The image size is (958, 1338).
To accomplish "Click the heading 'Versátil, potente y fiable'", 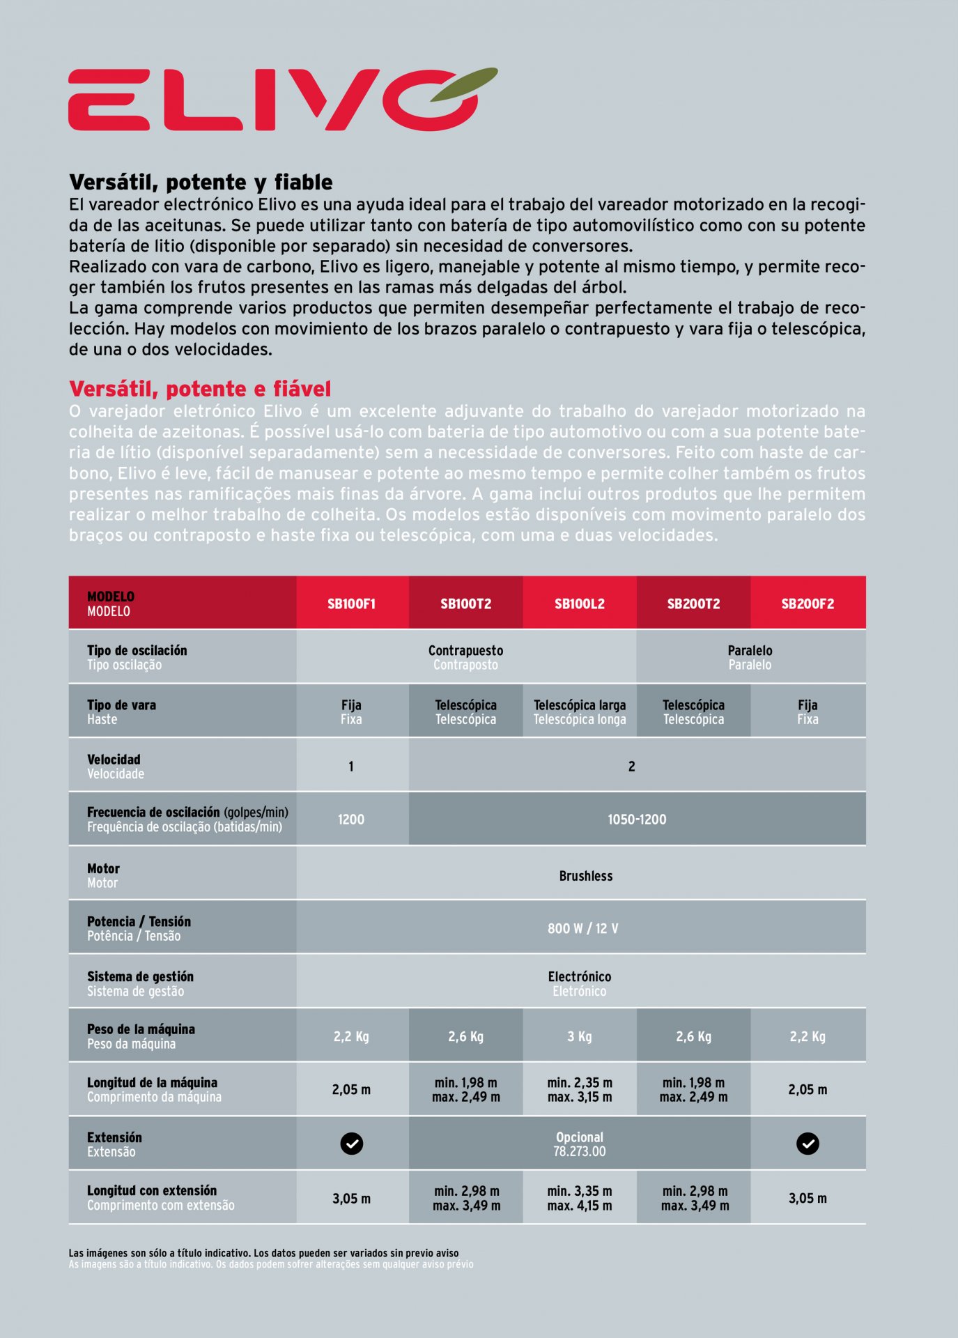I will pyautogui.click(x=201, y=183).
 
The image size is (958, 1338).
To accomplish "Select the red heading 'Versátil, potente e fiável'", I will pyautogui.click(x=200, y=389).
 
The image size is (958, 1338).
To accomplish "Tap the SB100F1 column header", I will pyautogui.click(x=351, y=603).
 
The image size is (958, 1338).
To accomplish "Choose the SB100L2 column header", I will pyautogui.click(x=579, y=603).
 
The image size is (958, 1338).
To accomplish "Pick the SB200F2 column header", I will pyautogui.click(x=808, y=603).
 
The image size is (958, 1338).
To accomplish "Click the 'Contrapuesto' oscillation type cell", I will pyautogui.click(x=465, y=656).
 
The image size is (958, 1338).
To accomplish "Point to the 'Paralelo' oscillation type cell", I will pyautogui.click(x=750, y=656).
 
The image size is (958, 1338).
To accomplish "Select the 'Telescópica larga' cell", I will pyautogui.click(x=580, y=712).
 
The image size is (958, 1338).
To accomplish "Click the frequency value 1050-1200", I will pyautogui.click(x=637, y=820).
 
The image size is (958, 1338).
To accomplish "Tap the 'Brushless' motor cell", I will pyautogui.click(x=585, y=876).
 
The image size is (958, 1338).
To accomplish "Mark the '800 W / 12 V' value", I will pyautogui.click(x=582, y=928).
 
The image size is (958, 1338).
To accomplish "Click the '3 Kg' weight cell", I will pyautogui.click(x=580, y=1036).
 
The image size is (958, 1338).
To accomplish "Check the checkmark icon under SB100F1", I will pyautogui.click(x=351, y=1144).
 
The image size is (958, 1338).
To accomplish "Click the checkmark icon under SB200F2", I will pyautogui.click(x=808, y=1144).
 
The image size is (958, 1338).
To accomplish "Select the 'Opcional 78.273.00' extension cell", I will pyautogui.click(x=580, y=1144).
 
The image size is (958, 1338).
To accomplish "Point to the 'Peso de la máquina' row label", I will pyautogui.click(x=141, y=1036).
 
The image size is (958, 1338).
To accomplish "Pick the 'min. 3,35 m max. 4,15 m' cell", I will pyautogui.click(x=580, y=1198).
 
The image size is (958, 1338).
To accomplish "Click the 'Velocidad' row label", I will pyautogui.click(x=115, y=766).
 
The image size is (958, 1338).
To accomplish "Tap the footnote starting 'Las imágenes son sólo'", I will pyautogui.click(x=263, y=1253).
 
